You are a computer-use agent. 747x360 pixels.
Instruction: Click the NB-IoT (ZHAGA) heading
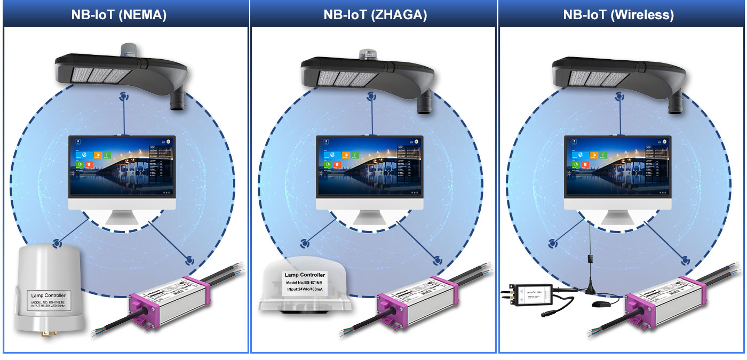tap(375, 15)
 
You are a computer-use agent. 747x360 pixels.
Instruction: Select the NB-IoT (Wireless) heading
tap(618, 15)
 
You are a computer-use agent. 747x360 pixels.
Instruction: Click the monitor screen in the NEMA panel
tap(122, 167)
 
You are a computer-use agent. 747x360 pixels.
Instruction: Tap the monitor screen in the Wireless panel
tap(618, 167)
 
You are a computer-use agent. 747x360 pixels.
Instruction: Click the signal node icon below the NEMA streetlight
tap(124, 97)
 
